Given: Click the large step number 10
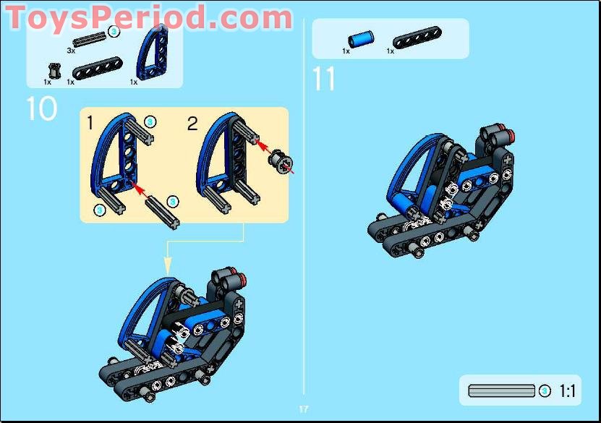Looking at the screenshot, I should point(41,108).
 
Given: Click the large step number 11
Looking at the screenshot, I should point(324,78).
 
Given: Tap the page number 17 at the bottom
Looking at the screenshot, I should point(304,409).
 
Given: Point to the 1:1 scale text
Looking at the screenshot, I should point(568,391).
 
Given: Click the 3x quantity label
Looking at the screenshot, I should point(71,51).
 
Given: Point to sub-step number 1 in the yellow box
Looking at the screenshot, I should point(90,124).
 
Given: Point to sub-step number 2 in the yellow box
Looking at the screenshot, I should point(192,124).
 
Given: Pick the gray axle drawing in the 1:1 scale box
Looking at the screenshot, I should point(502,391).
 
